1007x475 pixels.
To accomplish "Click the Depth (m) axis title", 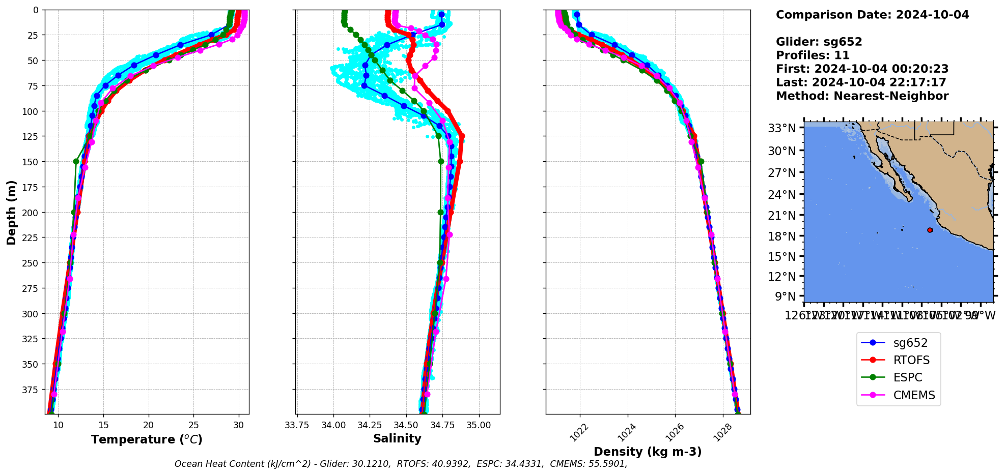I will pyautogui.click(x=12, y=212).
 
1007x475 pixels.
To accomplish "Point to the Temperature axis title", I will pyautogui.click(x=147, y=439).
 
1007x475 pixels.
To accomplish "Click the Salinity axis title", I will pyautogui.click(x=397, y=439).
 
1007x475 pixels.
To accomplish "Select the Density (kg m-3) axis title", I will pyautogui.click(x=648, y=452).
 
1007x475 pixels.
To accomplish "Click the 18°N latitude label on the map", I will pyautogui.click(x=781, y=236).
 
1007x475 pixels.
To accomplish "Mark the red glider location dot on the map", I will pyautogui.click(x=930, y=230).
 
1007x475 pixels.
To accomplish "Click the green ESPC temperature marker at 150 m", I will pyautogui.click(x=76, y=162).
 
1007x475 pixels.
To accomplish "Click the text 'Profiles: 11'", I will pyautogui.click(x=813, y=55).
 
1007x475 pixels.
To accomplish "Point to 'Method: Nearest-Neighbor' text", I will pyautogui.click(x=862, y=96).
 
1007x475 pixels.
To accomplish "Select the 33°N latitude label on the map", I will pyautogui.click(x=781, y=128).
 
